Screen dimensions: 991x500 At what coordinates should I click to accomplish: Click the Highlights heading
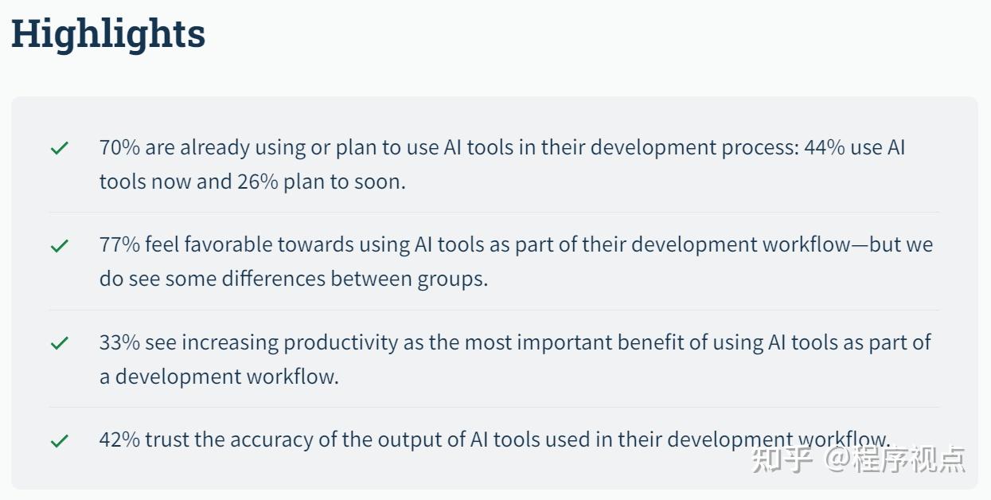[108, 35]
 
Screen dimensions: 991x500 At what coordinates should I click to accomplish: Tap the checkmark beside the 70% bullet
[60, 148]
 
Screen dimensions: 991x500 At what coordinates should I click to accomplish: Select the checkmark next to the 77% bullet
[60, 245]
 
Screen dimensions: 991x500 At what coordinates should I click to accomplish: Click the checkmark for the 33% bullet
[60, 343]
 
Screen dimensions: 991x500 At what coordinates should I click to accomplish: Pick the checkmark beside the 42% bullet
[60, 441]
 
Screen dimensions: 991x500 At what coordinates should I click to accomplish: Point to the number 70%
[119, 147]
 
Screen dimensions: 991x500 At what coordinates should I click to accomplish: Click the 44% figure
[825, 147]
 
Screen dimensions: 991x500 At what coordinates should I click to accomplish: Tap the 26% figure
[257, 182]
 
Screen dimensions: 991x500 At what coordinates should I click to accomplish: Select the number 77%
[119, 244]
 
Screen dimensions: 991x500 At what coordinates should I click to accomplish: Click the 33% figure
[119, 342]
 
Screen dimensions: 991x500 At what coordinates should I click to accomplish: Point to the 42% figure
[119, 439]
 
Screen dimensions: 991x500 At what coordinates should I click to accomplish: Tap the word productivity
[341, 343]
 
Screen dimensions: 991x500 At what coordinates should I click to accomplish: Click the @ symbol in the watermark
[837, 459]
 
